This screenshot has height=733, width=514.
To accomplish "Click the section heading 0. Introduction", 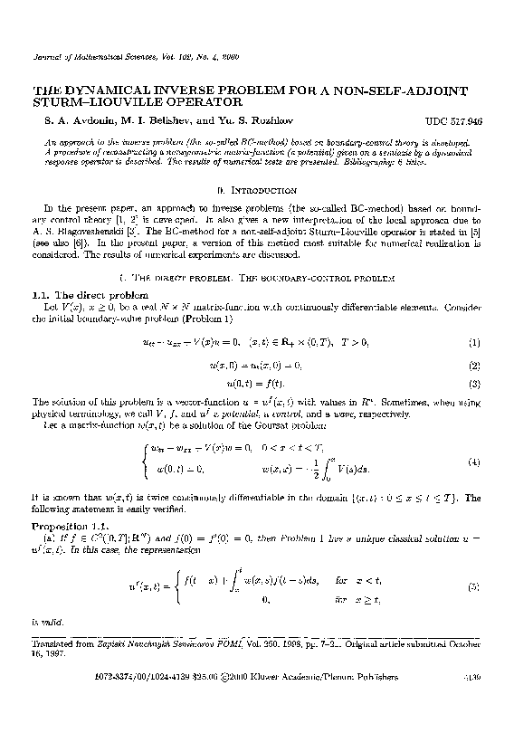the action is coord(258,190).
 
